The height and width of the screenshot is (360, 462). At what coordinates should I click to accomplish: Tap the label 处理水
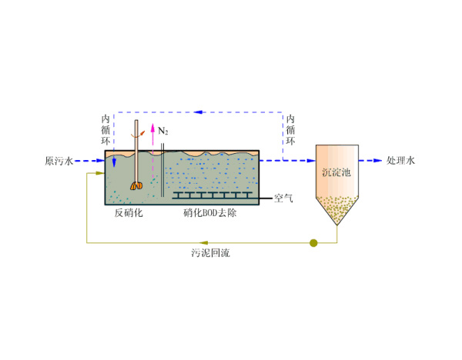tap(400, 162)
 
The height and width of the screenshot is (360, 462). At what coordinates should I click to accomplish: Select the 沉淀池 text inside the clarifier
tap(336, 172)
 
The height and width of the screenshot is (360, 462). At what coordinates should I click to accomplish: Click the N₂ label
tap(163, 132)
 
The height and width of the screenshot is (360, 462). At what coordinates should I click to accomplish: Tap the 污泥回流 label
tap(210, 252)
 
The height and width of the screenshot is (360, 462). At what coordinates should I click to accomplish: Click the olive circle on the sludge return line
tap(313, 243)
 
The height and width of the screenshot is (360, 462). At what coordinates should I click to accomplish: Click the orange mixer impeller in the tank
tap(136, 185)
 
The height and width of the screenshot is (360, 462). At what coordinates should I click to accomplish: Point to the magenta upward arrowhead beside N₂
tap(152, 126)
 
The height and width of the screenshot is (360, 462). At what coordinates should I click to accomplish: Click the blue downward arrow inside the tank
tap(114, 162)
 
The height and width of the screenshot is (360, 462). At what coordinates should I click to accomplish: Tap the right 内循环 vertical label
tap(290, 130)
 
